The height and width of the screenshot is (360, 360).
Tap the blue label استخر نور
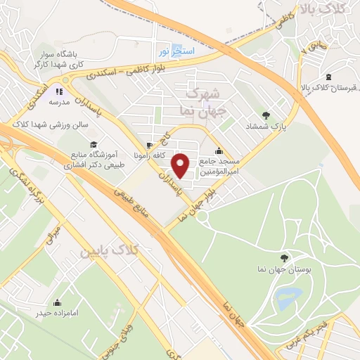pyautogui.click(x=173, y=52)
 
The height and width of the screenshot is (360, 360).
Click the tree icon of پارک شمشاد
pyautogui.click(x=266, y=115)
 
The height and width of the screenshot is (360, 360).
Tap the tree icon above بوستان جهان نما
pyautogui.click(x=284, y=258)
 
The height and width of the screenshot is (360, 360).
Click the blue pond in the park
pyautogui.click(x=288, y=299)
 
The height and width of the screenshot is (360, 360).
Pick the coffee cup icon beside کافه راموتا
pyautogui.click(x=148, y=146)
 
